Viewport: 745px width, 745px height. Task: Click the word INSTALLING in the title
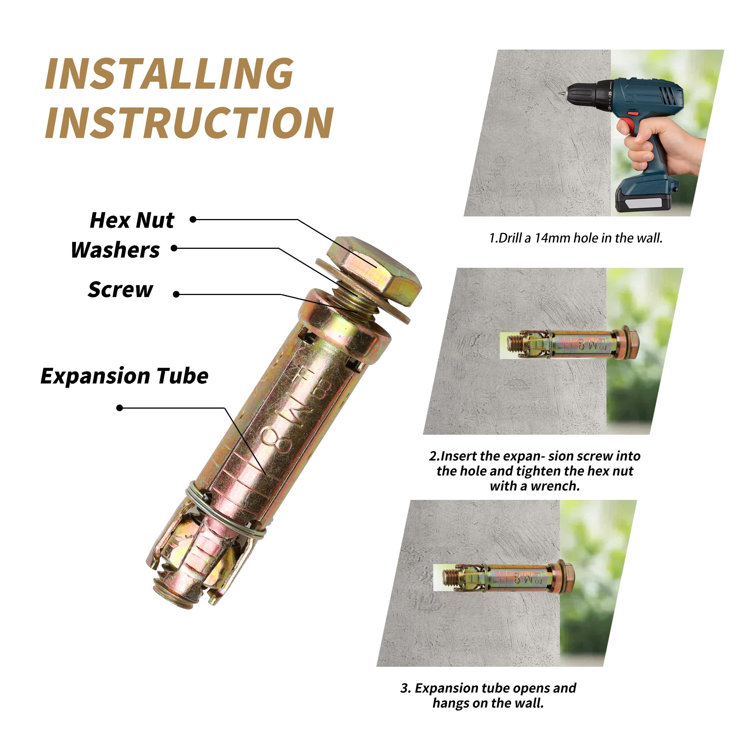(169, 74)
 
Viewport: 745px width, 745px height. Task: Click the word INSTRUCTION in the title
(189, 122)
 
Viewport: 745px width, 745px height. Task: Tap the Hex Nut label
(132, 221)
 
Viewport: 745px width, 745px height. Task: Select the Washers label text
(115, 250)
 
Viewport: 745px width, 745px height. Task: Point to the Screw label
(120, 289)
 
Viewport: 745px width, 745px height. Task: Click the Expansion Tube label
(124, 376)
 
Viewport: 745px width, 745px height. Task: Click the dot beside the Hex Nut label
(193, 219)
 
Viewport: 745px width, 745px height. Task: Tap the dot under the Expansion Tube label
(120, 408)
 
